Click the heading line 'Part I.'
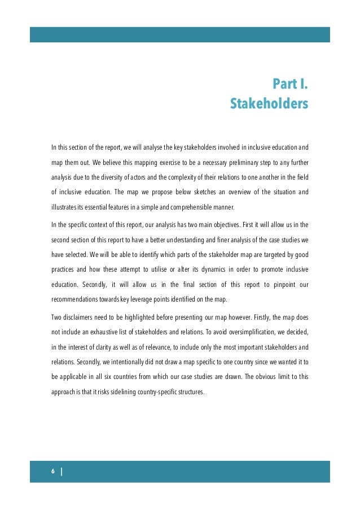(x=290, y=85)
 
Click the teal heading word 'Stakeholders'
(x=269, y=104)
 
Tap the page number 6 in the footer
(x=52, y=472)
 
